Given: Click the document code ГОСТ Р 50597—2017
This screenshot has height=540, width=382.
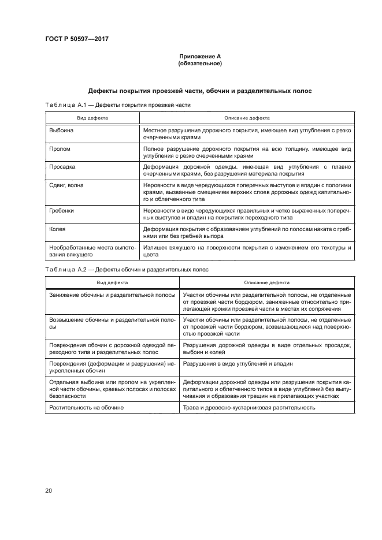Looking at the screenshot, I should tap(76, 39).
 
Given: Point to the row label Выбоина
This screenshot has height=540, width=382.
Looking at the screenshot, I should tap(62, 131).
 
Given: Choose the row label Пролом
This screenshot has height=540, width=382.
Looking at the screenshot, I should tap(60, 149).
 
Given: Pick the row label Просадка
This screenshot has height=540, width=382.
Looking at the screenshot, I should tap(63, 166).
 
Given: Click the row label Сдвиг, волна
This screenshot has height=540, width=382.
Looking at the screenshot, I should tap(68, 184).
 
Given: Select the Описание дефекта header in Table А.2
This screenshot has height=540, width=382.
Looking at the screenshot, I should tap(266, 282).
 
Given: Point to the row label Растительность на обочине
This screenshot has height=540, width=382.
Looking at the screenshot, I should tap(87, 408).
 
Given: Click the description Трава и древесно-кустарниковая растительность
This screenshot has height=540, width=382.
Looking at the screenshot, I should tap(249, 408).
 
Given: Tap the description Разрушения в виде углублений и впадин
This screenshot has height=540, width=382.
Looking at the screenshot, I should tap(238, 364).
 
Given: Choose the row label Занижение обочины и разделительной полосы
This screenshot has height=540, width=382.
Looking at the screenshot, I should tap(113, 295).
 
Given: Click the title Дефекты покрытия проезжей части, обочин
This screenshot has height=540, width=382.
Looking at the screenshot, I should tap(199, 91).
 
